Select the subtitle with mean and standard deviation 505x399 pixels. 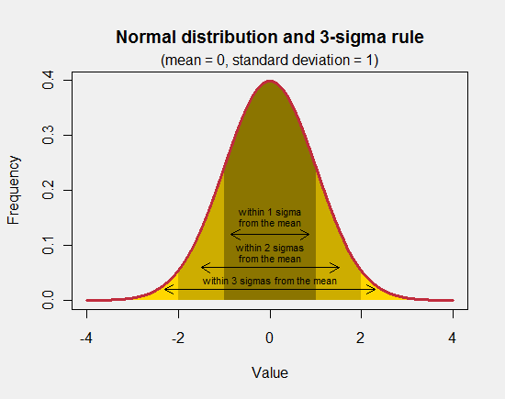coord(269,60)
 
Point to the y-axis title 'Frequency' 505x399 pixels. coord(14,191)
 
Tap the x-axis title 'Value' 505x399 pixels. coord(270,372)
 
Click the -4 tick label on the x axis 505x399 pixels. coord(85,337)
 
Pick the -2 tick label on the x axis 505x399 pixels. coord(177,337)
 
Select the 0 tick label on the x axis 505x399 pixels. coord(270,337)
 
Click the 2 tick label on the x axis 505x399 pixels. coord(361,337)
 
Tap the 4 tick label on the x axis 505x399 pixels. coord(453,337)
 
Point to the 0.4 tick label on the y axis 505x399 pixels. coord(46,81)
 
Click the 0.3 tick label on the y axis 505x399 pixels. coord(46,136)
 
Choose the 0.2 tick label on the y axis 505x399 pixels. coord(46,191)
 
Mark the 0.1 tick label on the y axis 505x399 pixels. coord(46,246)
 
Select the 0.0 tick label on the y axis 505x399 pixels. coord(46,300)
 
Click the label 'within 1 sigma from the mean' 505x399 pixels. coord(270,216)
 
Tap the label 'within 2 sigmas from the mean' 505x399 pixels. coord(270,252)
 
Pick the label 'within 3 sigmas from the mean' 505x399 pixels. coord(270,281)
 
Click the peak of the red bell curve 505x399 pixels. coord(270,81)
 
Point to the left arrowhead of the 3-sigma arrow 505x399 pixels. coord(166,290)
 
